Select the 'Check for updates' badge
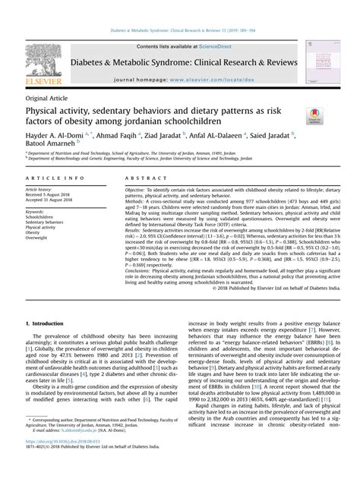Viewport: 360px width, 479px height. click(314, 115)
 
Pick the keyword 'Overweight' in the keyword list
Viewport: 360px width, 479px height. click(37, 238)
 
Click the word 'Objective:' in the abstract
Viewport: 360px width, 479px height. click(135, 188)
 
